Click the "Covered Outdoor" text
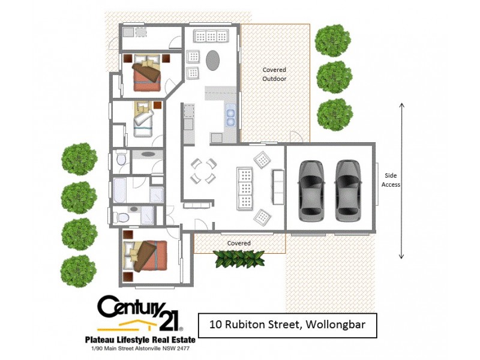pyautogui.click(x=274, y=74)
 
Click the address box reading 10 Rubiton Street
pyautogui.click(x=287, y=326)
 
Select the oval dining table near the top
pyautogui.click(x=214, y=60)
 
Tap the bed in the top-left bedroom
pyautogui.click(x=146, y=74)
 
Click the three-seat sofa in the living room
pyautogui.click(x=245, y=187)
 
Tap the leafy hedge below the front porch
pyautogui.click(x=239, y=259)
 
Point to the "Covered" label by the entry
pyautogui.click(x=239, y=243)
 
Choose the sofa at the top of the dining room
pyautogui.click(x=211, y=37)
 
